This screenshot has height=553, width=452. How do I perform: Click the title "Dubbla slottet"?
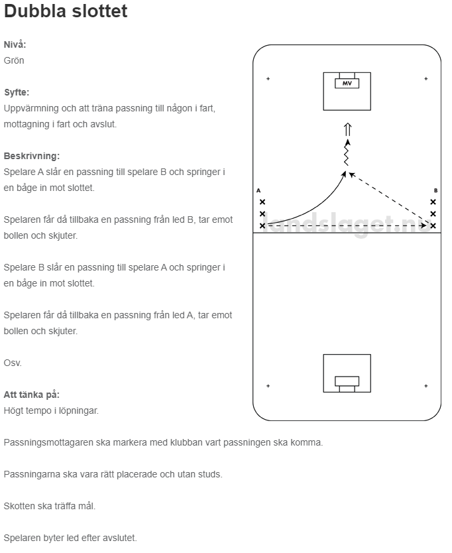[66, 12]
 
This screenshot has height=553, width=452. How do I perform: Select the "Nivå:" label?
[15, 44]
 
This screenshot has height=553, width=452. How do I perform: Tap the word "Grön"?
[14, 60]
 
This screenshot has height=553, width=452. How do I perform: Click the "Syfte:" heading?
[17, 92]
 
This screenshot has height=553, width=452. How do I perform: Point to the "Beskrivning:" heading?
[31, 156]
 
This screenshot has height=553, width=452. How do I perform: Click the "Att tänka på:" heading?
[31, 395]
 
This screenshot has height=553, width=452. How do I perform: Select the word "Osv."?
[13, 363]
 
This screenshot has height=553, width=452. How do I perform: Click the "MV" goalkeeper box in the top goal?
[347, 84]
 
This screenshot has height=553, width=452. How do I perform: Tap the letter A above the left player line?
[258, 190]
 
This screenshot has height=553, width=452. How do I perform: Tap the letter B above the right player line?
[435, 190]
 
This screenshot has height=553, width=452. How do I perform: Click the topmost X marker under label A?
[262, 202]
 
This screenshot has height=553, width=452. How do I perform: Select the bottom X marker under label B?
[433, 225]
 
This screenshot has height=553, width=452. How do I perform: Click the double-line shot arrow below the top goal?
[347, 129]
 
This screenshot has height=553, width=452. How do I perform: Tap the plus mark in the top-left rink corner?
[268, 79]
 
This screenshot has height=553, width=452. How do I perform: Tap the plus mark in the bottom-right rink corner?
[425, 385]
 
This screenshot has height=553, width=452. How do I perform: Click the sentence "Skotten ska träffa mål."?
[50, 506]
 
